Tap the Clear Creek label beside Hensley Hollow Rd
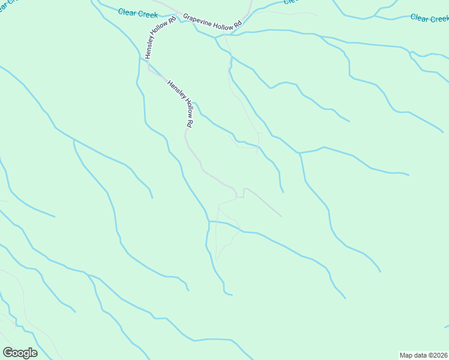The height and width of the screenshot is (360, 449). [137, 12]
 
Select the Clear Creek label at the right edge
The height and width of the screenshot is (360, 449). [429, 19]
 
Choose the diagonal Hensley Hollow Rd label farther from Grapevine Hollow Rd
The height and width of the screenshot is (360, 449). [181, 103]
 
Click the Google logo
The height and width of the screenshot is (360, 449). [20, 353]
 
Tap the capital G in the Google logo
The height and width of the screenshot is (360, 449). [8, 353]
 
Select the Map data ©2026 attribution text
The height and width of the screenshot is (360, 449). [424, 355]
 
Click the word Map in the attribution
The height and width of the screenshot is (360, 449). [406, 355]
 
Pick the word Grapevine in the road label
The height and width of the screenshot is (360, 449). [197, 18]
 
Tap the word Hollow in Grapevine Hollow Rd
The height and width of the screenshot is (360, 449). [220, 23]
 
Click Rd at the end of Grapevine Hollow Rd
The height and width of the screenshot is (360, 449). [237, 27]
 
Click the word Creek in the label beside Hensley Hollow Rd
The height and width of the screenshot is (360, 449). [147, 13]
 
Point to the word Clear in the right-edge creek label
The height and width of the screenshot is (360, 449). [419, 18]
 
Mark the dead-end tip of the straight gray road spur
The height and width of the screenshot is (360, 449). [281, 216]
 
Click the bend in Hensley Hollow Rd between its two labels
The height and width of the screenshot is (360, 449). [149, 68]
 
